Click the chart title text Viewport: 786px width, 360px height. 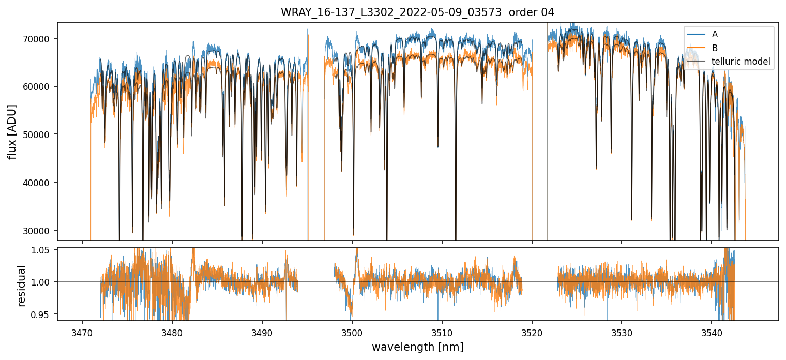(417, 12)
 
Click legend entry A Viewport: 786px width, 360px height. (715, 34)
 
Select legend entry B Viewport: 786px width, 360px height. (715, 48)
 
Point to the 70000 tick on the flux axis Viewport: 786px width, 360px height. (38, 39)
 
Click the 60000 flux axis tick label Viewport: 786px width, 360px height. (38, 87)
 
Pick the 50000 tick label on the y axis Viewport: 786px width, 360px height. (38, 134)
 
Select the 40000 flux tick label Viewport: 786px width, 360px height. (38, 183)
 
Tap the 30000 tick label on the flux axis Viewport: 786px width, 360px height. (38, 231)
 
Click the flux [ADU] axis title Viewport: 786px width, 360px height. (12, 131)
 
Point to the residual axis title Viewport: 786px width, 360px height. (21, 285)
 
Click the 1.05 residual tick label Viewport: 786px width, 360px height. (44, 250)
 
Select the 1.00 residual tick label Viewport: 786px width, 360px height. (44, 282)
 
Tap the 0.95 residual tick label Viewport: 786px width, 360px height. (44, 314)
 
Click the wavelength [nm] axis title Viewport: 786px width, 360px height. (417, 347)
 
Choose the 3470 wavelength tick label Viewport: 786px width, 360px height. (82, 331)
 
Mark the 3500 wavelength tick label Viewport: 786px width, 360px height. (352, 331)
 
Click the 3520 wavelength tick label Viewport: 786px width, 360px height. (532, 331)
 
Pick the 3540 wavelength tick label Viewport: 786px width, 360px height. (712, 331)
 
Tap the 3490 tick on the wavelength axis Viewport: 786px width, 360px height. (262, 331)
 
